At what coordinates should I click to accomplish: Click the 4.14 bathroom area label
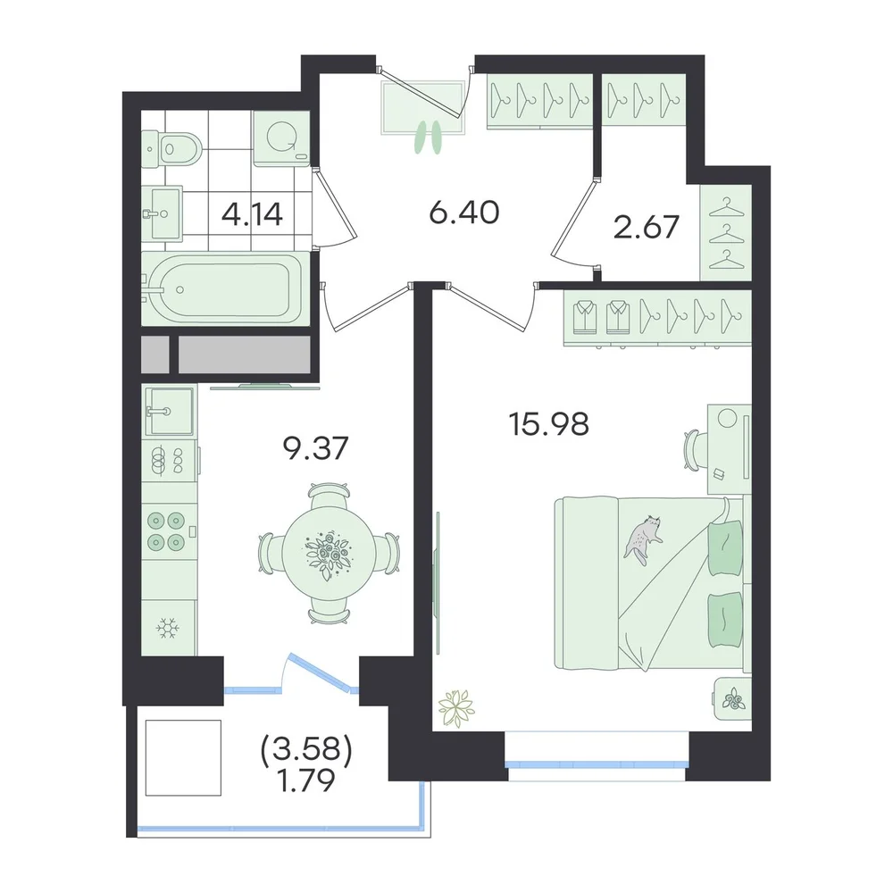click(252, 214)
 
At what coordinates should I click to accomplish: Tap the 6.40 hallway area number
click(464, 213)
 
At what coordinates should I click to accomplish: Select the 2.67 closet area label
click(647, 227)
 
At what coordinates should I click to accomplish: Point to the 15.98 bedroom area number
click(549, 424)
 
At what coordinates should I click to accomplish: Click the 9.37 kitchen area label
click(315, 448)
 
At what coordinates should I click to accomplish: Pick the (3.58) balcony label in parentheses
click(306, 750)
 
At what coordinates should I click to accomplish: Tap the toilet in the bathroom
click(171, 149)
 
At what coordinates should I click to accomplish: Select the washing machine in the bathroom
click(281, 138)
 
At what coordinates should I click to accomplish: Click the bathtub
click(226, 289)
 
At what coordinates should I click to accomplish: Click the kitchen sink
click(169, 411)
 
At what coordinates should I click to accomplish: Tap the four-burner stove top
click(167, 530)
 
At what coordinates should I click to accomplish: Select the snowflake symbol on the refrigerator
click(168, 628)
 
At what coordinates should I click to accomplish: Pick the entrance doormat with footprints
click(423, 108)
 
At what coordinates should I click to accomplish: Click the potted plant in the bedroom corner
click(456, 708)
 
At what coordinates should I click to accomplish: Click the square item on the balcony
click(183, 757)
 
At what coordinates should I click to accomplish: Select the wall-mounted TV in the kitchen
click(265, 388)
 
